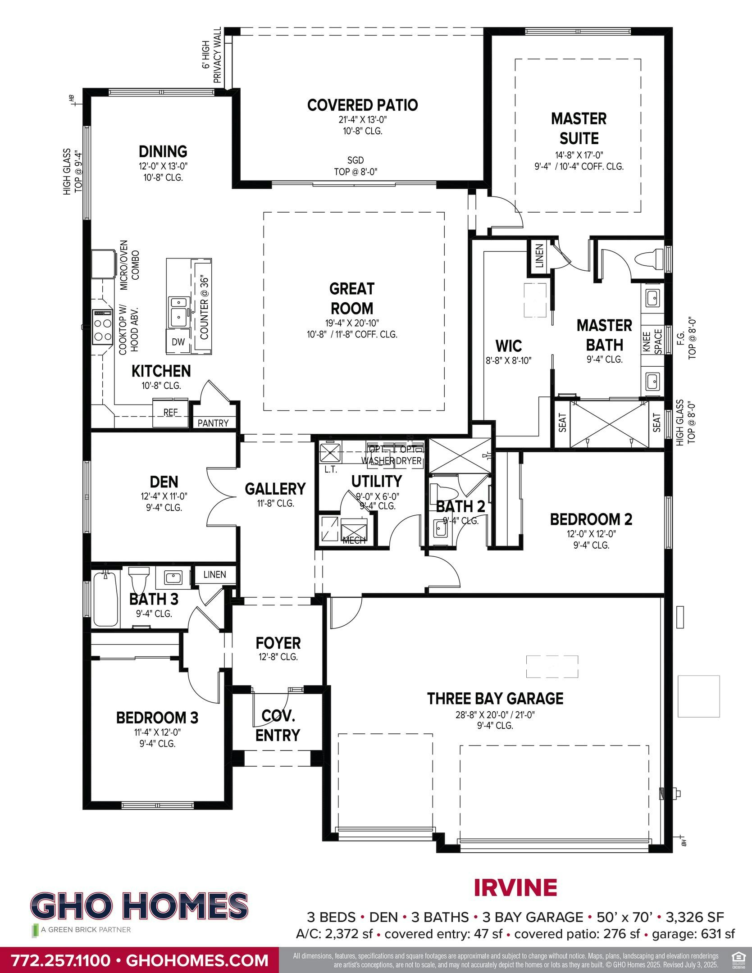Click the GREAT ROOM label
point(351,298)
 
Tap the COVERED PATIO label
point(362,105)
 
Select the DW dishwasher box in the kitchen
point(178,342)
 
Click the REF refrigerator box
point(170,413)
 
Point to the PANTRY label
point(213,423)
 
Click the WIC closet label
point(509,346)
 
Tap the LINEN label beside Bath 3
point(214,574)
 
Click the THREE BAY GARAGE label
point(495,699)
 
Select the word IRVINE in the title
point(515,888)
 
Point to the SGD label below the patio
point(355,160)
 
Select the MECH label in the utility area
point(354,541)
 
